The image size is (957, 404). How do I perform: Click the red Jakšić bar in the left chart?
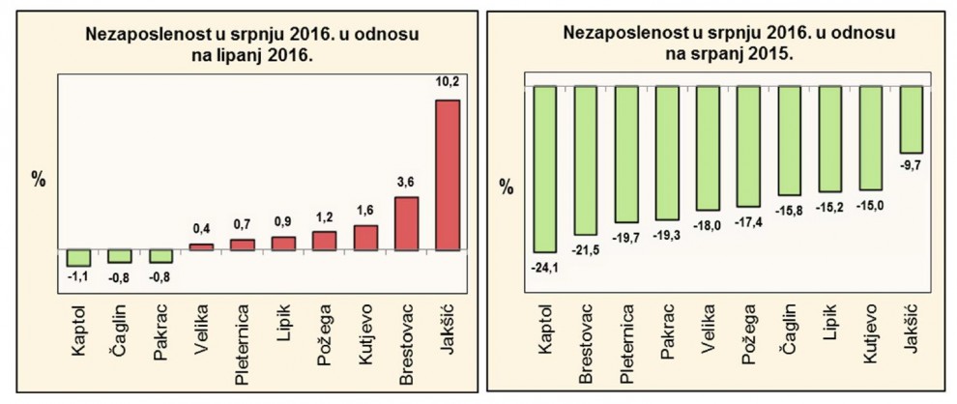pos(449,174)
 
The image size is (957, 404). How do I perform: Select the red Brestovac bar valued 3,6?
pos(407,223)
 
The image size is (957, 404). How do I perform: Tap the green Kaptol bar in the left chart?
pos(78,257)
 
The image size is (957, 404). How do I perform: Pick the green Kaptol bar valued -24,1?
pos(546,169)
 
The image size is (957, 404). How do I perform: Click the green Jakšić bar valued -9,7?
pos(912,119)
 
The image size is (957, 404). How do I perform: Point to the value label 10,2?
pos(449,83)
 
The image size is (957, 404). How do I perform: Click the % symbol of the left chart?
pos(40,180)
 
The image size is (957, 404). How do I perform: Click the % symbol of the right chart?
pos(507,187)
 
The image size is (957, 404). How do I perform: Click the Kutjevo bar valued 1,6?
pos(365,237)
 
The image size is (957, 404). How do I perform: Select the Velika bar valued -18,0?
pos(709,148)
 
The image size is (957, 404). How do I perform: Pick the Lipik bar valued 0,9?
pos(283,243)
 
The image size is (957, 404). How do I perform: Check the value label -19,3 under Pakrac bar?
pos(668,235)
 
